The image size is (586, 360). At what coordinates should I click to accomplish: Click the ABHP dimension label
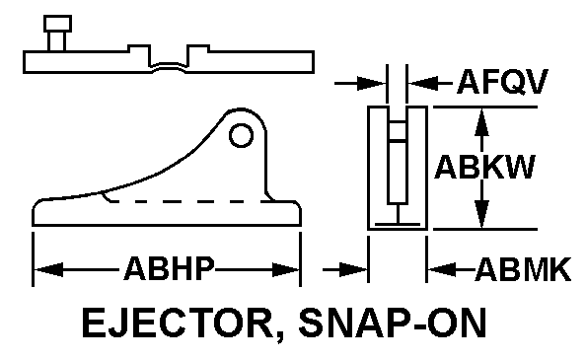(170, 268)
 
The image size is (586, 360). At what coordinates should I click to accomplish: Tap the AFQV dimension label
(503, 82)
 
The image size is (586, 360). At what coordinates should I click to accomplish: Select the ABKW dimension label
(484, 167)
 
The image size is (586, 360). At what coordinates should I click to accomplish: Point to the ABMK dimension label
(523, 269)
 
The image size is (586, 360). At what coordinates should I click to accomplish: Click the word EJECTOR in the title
(178, 323)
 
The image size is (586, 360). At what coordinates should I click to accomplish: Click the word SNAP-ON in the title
(393, 323)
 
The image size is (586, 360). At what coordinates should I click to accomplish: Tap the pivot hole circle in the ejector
(241, 135)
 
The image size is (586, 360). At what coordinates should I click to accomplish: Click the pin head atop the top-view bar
(57, 24)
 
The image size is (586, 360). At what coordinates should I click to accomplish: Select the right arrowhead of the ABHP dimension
(286, 269)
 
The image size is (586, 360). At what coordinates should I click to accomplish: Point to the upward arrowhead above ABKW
(481, 122)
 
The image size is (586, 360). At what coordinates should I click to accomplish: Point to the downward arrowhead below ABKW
(481, 214)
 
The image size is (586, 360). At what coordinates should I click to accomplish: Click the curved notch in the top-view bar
(169, 66)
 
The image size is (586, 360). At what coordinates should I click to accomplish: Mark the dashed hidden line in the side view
(191, 201)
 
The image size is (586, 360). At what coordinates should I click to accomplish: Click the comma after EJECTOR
(279, 334)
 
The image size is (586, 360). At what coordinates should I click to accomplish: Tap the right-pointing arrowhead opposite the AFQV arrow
(371, 83)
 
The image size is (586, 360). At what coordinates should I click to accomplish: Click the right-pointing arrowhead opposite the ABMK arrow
(353, 269)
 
